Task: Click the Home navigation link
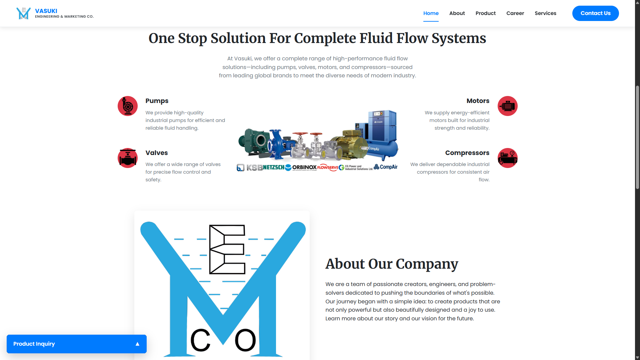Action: pos(431,13)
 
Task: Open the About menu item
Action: pos(457,13)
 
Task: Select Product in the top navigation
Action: pos(485,13)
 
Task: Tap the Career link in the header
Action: pos(515,13)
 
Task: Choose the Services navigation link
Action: pos(545,13)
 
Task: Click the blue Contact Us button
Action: pos(595,13)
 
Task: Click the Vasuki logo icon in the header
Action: pos(23,13)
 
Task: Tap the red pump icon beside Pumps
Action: pos(128,106)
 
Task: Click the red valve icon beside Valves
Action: pos(128,158)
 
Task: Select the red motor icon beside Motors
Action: pos(507,106)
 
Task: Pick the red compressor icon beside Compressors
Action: pos(507,158)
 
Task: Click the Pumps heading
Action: pos(157,101)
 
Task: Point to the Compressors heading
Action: pos(467,153)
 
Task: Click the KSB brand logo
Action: pos(254,167)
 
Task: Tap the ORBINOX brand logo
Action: pos(304,167)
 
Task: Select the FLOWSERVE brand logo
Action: pos(327,167)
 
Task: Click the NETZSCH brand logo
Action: pos(274,167)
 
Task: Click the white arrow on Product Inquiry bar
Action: pos(137,344)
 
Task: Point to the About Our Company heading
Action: pos(392,264)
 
